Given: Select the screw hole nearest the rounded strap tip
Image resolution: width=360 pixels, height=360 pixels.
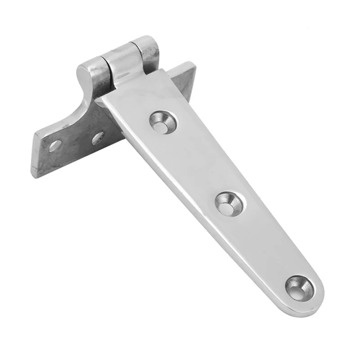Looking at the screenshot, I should [298, 287].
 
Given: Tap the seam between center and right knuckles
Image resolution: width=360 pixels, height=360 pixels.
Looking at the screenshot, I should [135, 52].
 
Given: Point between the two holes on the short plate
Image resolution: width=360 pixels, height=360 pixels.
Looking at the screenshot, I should [76, 142].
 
